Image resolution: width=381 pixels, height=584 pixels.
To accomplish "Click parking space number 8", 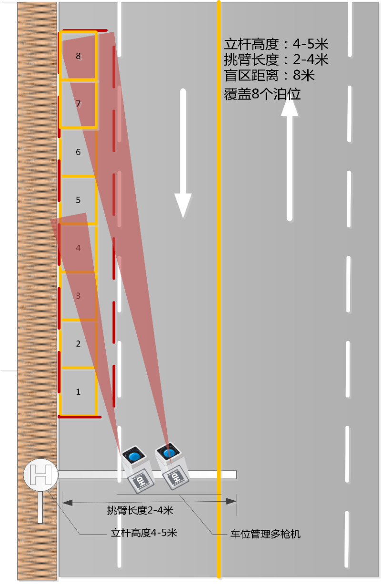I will click(x=79, y=56).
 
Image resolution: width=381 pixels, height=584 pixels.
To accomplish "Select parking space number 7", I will click(x=79, y=104).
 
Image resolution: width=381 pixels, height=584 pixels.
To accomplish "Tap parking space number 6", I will click(x=79, y=152).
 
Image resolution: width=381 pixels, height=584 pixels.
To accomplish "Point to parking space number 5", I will click(x=79, y=200).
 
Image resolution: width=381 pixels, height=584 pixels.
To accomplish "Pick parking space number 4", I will click(x=79, y=248).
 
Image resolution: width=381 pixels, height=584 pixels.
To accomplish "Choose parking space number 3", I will click(x=79, y=296).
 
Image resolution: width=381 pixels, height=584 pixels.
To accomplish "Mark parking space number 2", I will click(x=79, y=344).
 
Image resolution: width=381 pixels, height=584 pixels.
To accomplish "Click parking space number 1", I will click(x=79, y=392).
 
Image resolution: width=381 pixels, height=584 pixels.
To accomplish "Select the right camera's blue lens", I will click(x=168, y=452).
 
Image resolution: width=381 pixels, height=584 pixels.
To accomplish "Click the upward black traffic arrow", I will click(x=289, y=157).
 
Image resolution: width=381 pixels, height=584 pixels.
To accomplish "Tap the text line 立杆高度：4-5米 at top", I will click(x=276, y=45).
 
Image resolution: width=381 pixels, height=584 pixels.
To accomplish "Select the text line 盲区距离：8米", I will click(x=269, y=76).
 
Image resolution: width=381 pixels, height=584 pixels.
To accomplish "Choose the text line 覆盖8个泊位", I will click(x=262, y=94).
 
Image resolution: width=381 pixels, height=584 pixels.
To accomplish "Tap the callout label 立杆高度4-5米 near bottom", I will click(x=144, y=533).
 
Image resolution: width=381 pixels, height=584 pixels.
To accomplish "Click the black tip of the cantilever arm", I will click(x=230, y=474).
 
